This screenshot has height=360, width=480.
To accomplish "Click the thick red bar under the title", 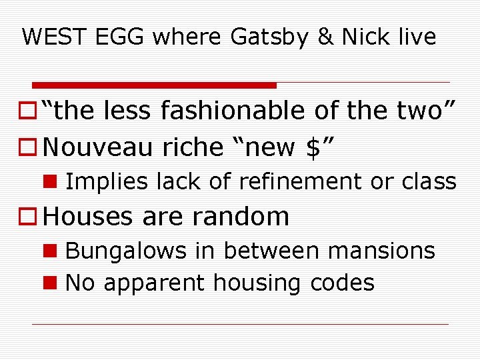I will pos(155,85).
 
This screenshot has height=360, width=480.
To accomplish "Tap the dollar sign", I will pos(314,147).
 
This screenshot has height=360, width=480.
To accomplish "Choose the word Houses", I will pos(91,216).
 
